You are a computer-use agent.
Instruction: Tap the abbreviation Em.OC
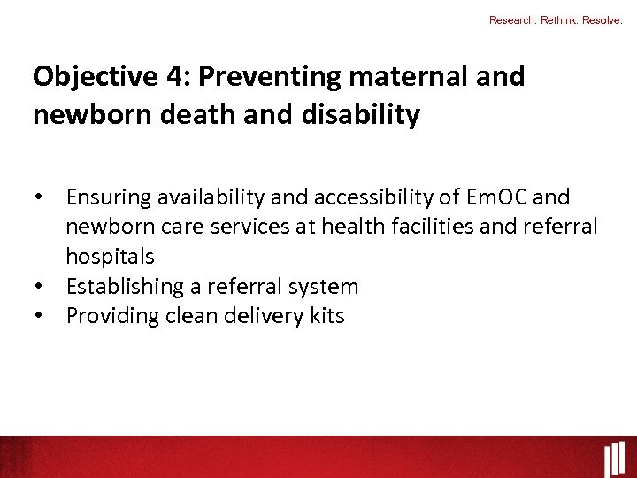click(493, 197)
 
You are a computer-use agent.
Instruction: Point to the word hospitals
click(110, 257)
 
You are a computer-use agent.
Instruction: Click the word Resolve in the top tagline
click(602, 19)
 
